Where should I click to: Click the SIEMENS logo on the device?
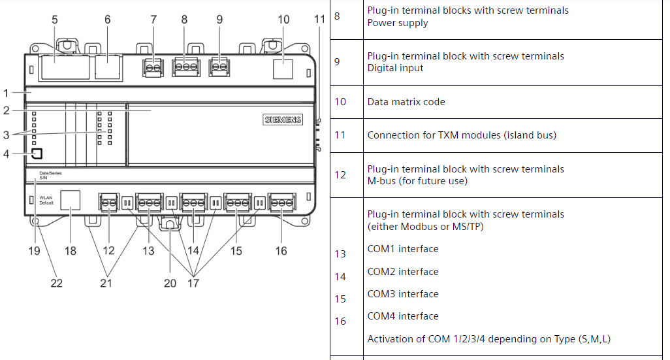[x=283, y=120]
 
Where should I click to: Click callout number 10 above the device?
[x=283, y=20]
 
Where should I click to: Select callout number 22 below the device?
[x=57, y=283]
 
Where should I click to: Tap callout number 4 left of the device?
[x=6, y=154]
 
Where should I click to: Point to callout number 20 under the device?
[x=170, y=283]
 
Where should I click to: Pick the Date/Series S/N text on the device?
[x=50, y=175]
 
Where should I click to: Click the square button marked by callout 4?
[x=37, y=154]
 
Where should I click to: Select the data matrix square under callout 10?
[x=283, y=68]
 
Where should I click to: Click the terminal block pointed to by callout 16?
[x=281, y=203]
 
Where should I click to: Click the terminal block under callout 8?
[x=185, y=67]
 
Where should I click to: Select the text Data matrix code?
[x=406, y=102]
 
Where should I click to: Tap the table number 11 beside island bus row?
[x=340, y=135]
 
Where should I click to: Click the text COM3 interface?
[x=403, y=294]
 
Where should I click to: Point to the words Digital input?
[x=395, y=68]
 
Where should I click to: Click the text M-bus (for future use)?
[x=417, y=181]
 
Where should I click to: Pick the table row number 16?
[x=340, y=321]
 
